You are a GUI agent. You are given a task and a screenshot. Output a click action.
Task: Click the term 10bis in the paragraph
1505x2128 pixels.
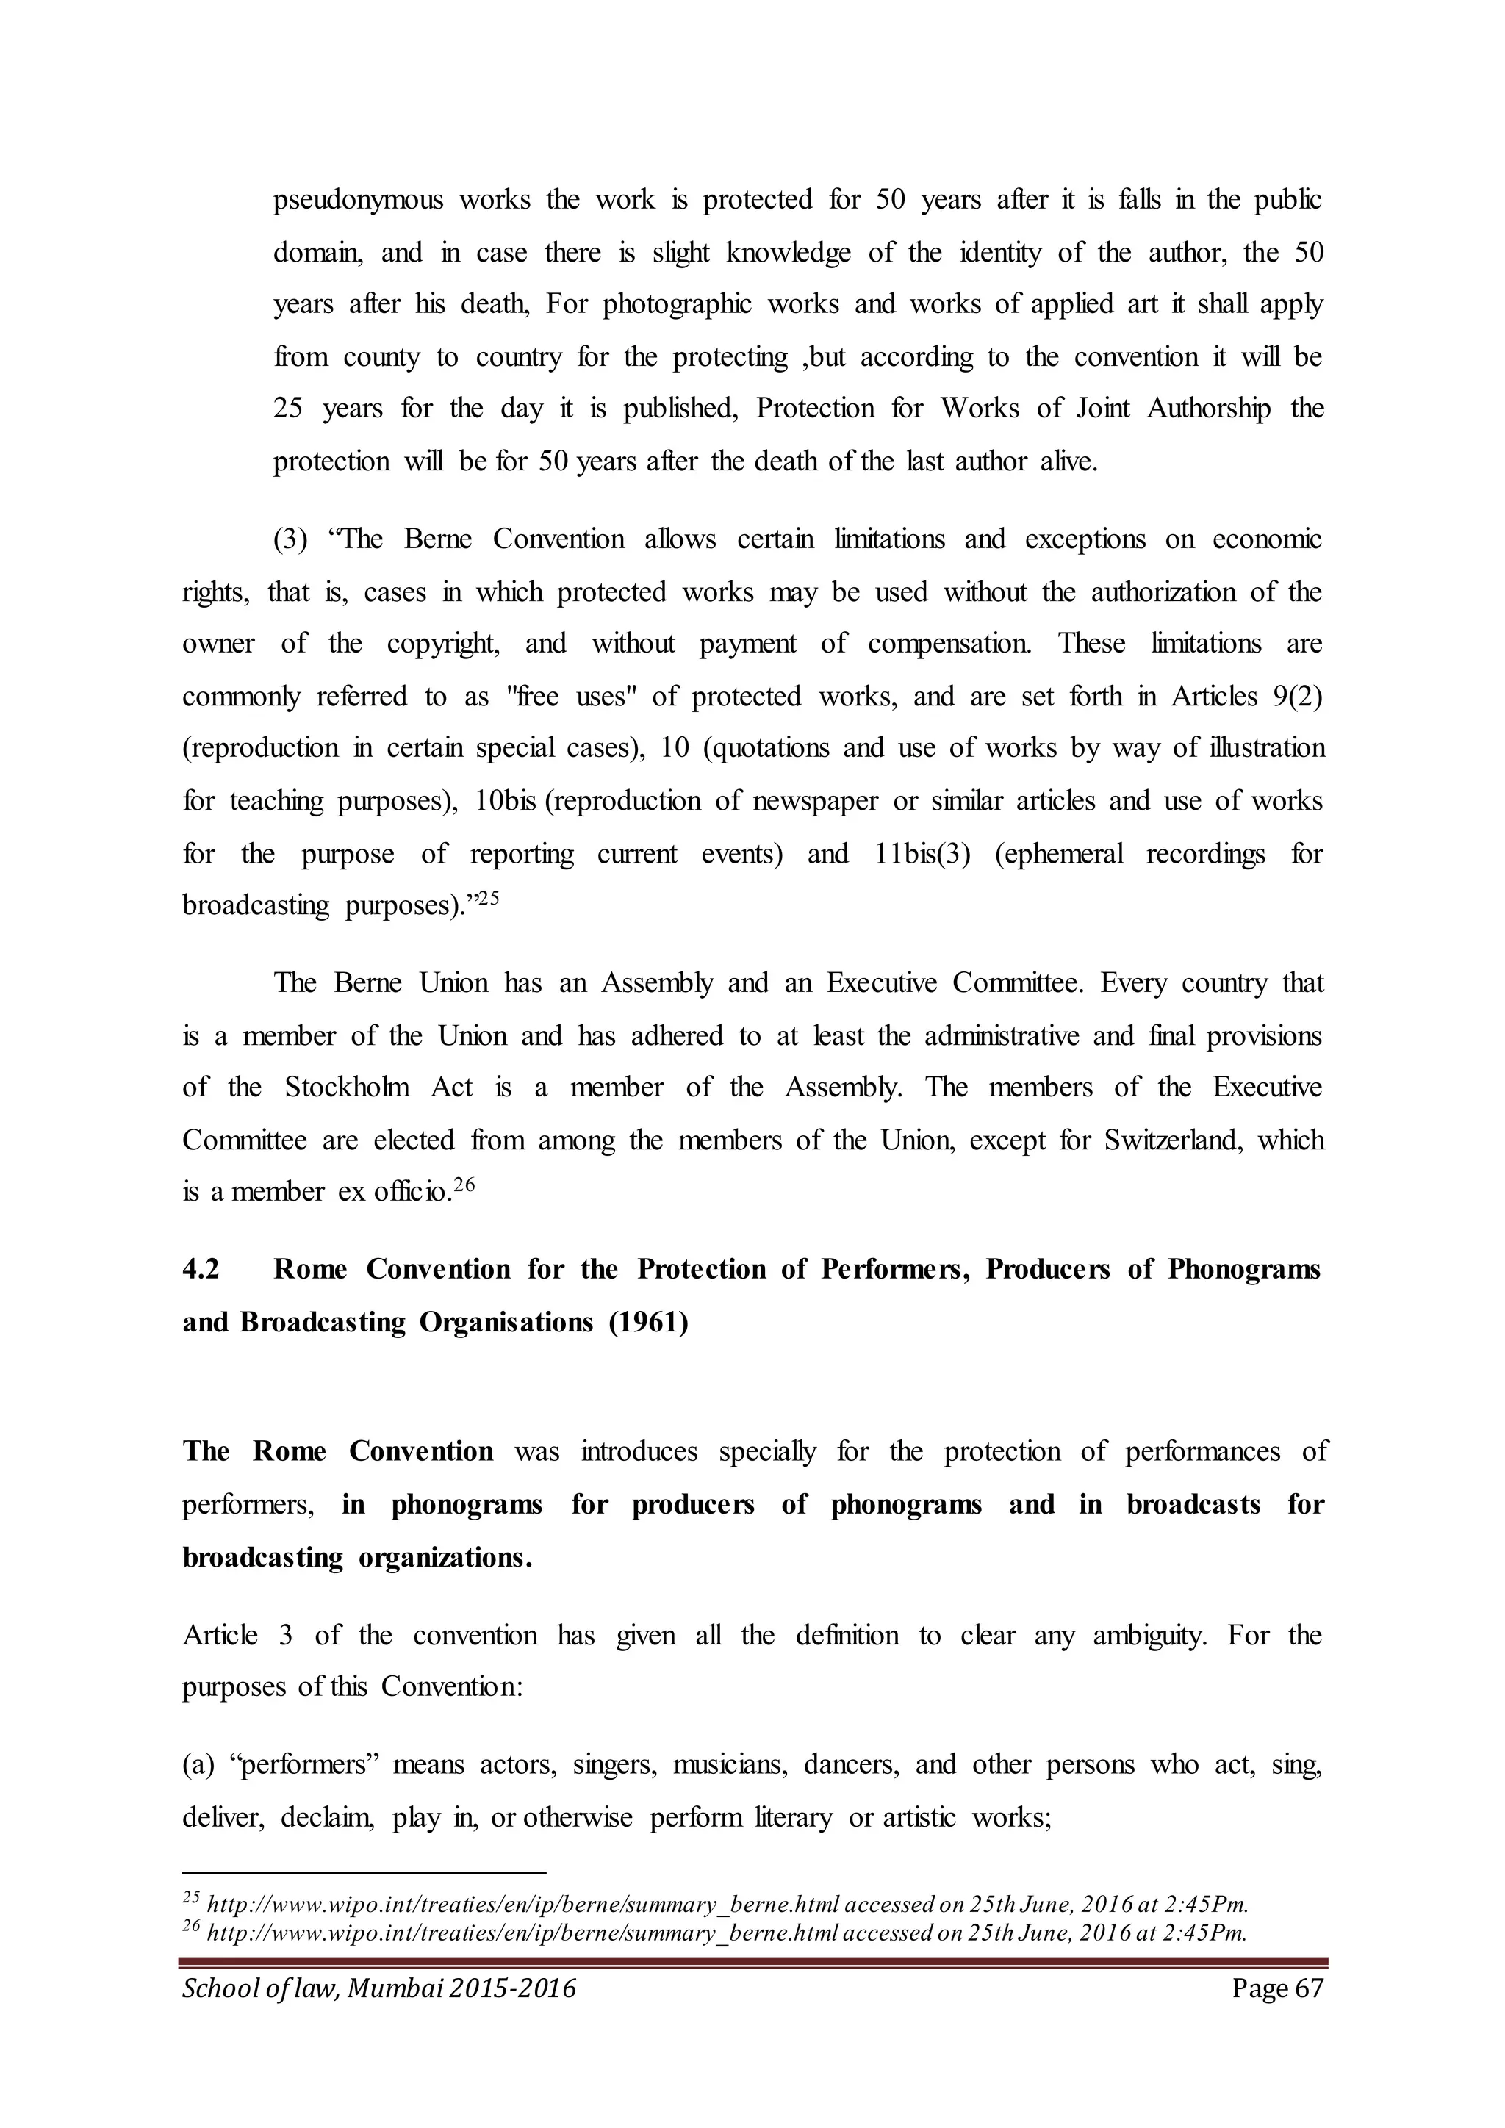[x=505, y=801]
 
